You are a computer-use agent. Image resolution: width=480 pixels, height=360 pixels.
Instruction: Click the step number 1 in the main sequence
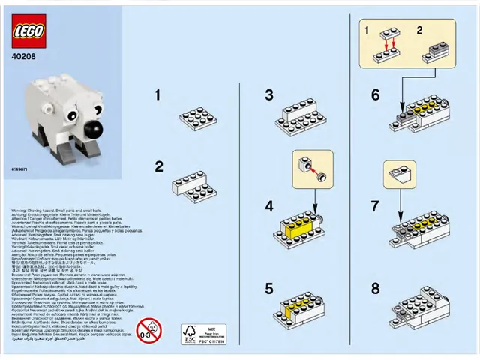pos(158,95)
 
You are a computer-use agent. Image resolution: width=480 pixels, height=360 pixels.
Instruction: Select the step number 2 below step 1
pos(158,166)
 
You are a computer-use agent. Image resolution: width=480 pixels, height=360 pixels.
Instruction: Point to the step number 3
pos(269,95)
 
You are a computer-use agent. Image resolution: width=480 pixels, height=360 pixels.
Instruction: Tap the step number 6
pos(375,95)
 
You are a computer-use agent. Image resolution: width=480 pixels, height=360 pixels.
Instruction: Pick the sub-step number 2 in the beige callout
pos(419,31)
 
